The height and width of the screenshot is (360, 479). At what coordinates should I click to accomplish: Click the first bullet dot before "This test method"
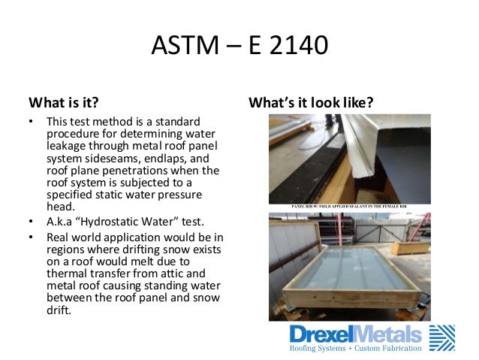pyautogui.click(x=31, y=122)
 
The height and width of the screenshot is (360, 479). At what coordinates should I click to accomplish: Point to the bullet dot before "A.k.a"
pyautogui.click(x=31, y=222)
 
